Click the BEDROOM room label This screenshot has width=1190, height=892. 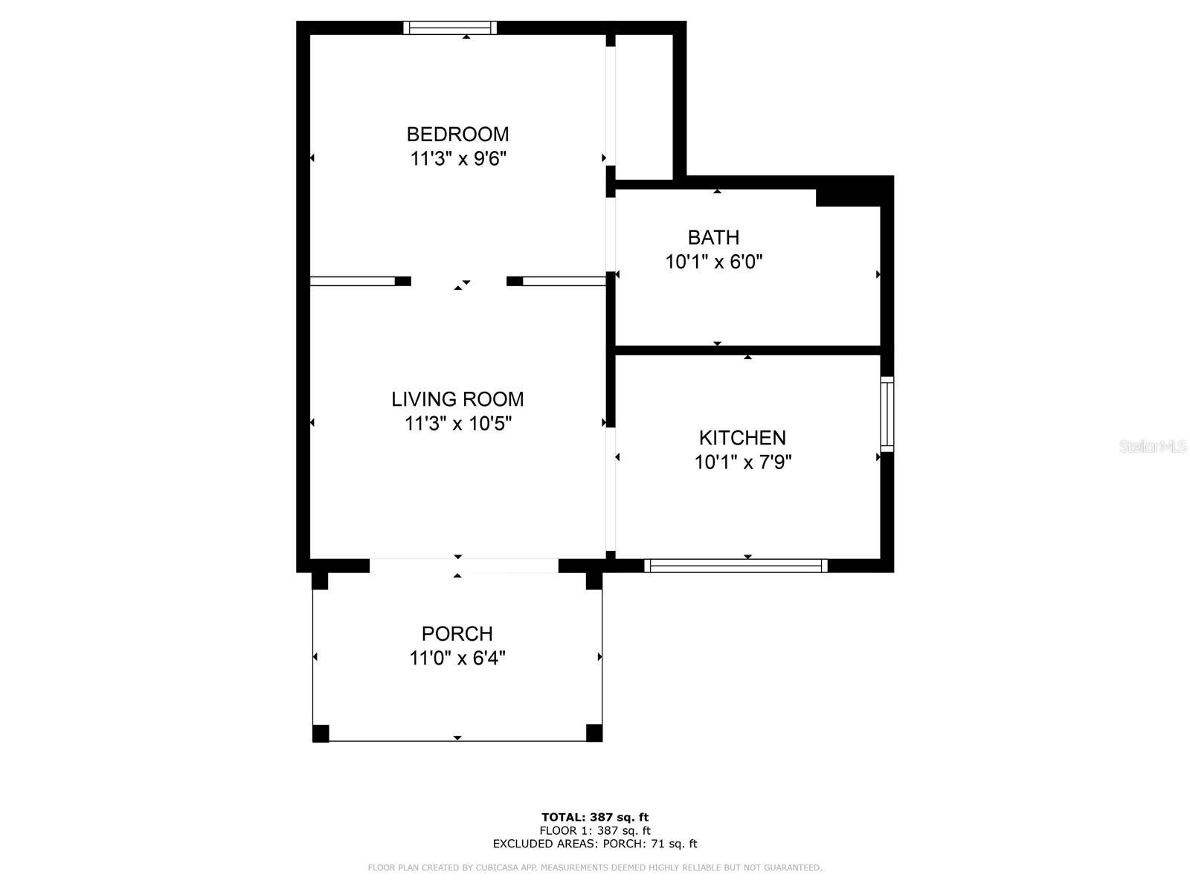pos(457,134)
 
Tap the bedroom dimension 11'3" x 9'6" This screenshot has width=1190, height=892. pos(457,158)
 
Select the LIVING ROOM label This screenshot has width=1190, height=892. pos(457,399)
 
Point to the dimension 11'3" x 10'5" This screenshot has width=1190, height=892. pos(457,424)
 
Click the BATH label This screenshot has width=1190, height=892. pos(713,237)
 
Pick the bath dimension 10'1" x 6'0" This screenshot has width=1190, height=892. pos(713,262)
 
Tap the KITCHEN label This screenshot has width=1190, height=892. pos(742,437)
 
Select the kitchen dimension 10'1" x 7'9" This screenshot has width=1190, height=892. pos(742,462)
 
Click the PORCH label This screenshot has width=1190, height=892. pos(457,633)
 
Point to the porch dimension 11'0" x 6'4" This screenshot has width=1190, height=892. pos(457,658)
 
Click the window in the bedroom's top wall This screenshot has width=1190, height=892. pos(450,28)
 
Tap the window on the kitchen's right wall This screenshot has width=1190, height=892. pos(887,414)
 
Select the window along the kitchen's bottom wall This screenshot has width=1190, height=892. pos(736,566)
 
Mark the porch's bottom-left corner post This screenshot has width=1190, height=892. pos(321,733)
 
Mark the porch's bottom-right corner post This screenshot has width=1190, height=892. pos(594,733)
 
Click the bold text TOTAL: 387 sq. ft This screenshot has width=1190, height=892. pos(595,817)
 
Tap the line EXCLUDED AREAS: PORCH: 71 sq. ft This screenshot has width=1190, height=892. pos(595,844)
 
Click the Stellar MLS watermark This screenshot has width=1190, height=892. pos(1153,446)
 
